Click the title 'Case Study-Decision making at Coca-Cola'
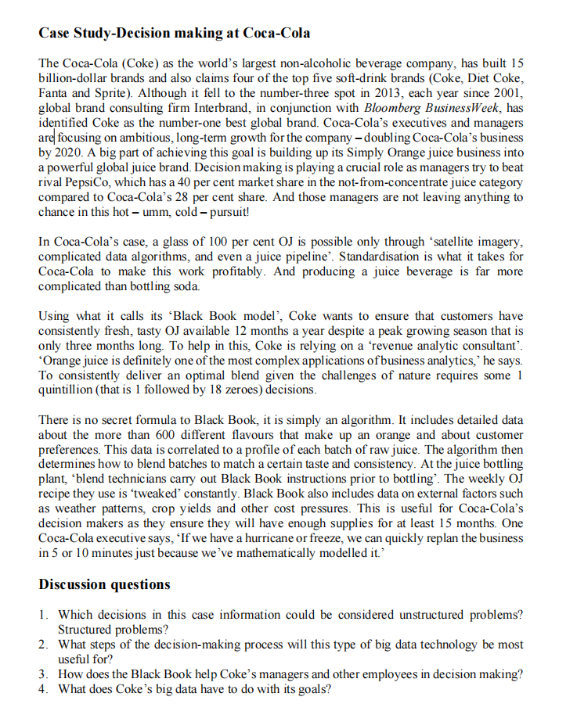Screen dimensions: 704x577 pyautogui.click(x=174, y=33)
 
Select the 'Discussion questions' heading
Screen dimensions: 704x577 pyautogui.click(x=104, y=584)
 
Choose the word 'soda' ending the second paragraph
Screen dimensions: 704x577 pyautogui.click(x=173, y=286)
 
